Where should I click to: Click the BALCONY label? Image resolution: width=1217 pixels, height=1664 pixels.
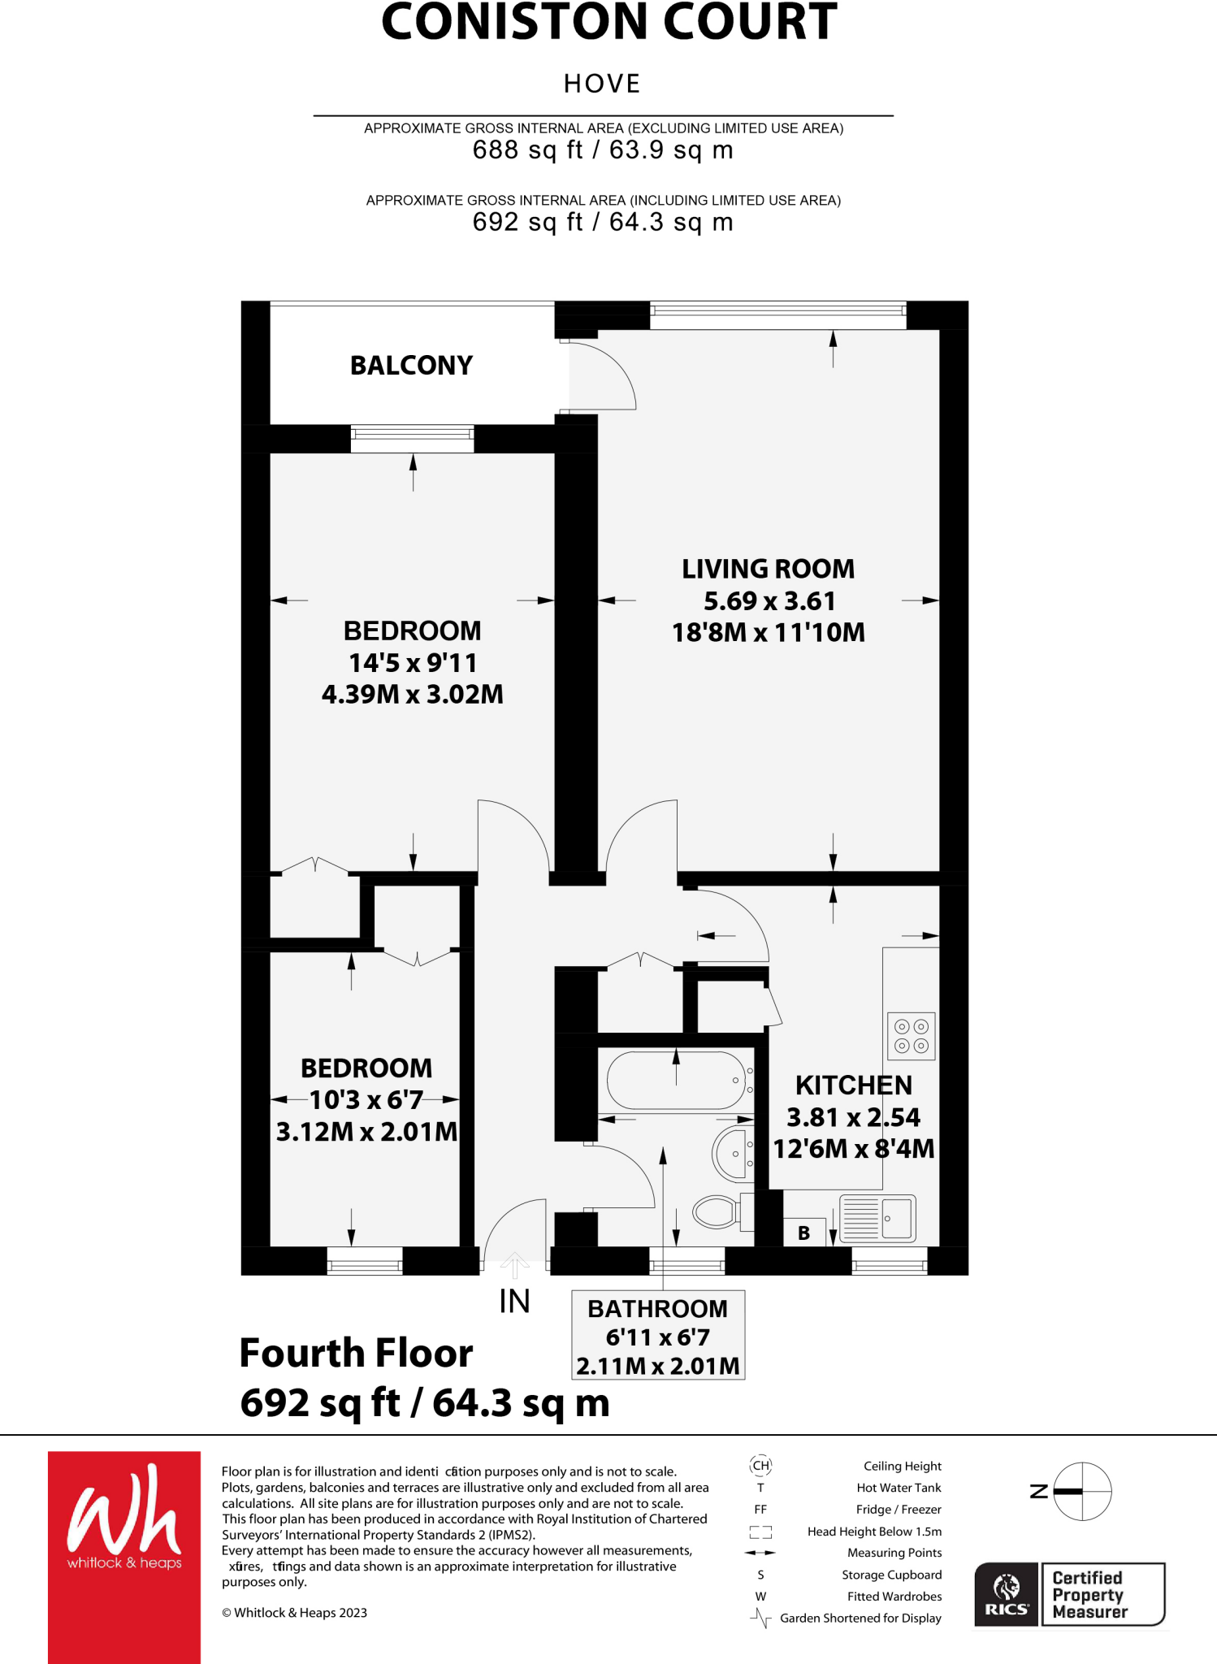pyautogui.click(x=411, y=366)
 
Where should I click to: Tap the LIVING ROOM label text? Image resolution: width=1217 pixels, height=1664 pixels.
pyautogui.click(x=768, y=569)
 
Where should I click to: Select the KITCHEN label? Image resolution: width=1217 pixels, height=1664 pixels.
pyautogui.click(x=853, y=1085)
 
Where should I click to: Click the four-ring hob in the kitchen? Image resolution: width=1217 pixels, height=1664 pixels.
pyautogui.click(x=911, y=1036)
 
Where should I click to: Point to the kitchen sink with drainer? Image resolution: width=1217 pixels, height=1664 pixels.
pyautogui.click(x=877, y=1218)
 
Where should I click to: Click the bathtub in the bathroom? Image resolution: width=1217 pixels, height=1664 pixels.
pyautogui.click(x=676, y=1081)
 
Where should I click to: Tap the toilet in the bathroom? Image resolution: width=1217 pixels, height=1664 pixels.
pyautogui.click(x=717, y=1211)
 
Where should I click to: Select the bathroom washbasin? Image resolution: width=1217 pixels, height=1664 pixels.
pyautogui.click(x=732, y=1154)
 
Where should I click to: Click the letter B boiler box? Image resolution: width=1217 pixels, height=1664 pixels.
pyautogui.click(x=804, y=1233)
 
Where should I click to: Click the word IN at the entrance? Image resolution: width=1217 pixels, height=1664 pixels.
pyautogui.click(x=514, y=1302)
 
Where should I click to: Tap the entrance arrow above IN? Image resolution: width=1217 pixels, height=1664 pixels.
pyautogui.click(x=515, y=1264)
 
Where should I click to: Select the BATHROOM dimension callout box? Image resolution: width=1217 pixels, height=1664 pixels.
pyautogui.click(x=658, y=1336)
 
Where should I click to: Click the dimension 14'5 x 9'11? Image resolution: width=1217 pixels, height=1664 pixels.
pyautogui.click(x=413, y=663)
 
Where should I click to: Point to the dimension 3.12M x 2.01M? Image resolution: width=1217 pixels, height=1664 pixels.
pyautogui.click(x=366, y=1132)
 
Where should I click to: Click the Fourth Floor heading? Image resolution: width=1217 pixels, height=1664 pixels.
pyautogui.click(x=356, y=1354)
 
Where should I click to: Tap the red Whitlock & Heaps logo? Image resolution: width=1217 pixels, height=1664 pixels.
pyautogui.click(x=124, y=1544)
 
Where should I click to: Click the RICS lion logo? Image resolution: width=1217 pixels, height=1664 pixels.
pyautogui.click(x=1006, y=1594)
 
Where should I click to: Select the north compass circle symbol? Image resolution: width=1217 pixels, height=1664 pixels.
pyautogui.click(x=1082, y=1491)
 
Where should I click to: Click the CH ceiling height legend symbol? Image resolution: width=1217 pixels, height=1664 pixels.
pyautogui.click(x=760, y=1466)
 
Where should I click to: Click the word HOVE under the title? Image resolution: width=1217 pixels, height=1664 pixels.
pyautogui.click(x=602, y=84)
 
